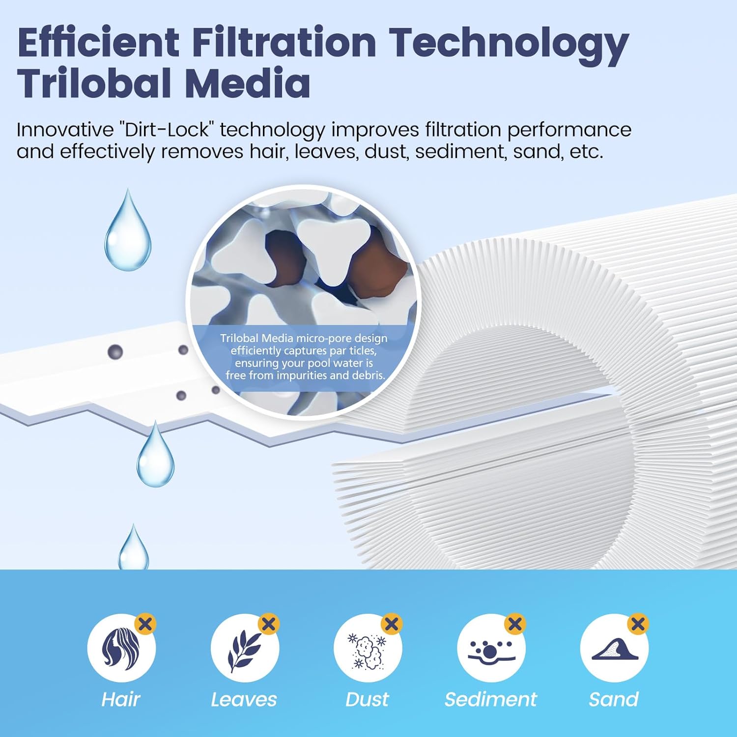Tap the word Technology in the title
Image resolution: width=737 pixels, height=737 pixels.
click(510, 43)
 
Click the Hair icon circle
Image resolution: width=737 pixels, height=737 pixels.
click(121, 648)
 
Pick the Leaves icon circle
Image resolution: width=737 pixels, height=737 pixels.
click(245, 648)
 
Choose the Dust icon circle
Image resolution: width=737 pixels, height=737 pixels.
click(368, 648)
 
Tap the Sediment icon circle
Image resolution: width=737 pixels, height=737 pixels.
click(491, 648)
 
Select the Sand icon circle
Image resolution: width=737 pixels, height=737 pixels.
click(614, 648)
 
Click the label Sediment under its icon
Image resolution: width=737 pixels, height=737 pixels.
click(491, 699)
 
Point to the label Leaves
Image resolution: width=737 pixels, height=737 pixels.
click(244, 699)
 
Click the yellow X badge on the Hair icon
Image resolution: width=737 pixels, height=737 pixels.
click(145, 624)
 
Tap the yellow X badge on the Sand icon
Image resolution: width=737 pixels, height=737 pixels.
click(638, 624)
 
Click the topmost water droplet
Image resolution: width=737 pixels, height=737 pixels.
click(128, 233)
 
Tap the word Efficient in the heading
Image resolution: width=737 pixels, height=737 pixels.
click(98, 42)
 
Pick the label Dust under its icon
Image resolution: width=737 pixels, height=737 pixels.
click(367, 699)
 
